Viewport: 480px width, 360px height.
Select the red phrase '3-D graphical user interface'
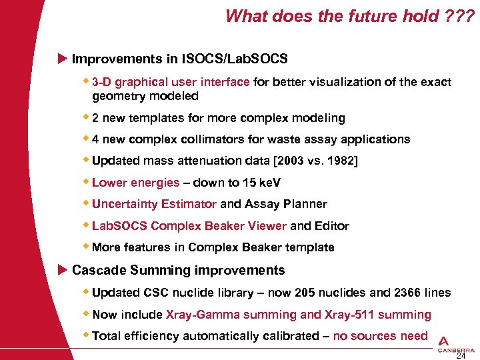click(x=171, y=82)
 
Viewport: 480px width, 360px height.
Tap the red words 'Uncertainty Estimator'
click(x=154, y=204)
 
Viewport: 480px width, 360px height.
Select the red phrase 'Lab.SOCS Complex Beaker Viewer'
click(x=189, y=226)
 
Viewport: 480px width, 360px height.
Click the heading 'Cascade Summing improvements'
click(x=178, y=270)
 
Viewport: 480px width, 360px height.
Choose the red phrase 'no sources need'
click(x=380, y=336)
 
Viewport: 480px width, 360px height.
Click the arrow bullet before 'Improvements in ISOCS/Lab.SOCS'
click(x=63, y=59)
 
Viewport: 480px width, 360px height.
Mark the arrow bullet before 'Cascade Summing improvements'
click(x=63, y=270)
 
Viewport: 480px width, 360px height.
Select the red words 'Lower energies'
click(x=135, y=183)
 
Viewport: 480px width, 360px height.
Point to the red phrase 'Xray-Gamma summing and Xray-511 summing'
click(x=298, y=314)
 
